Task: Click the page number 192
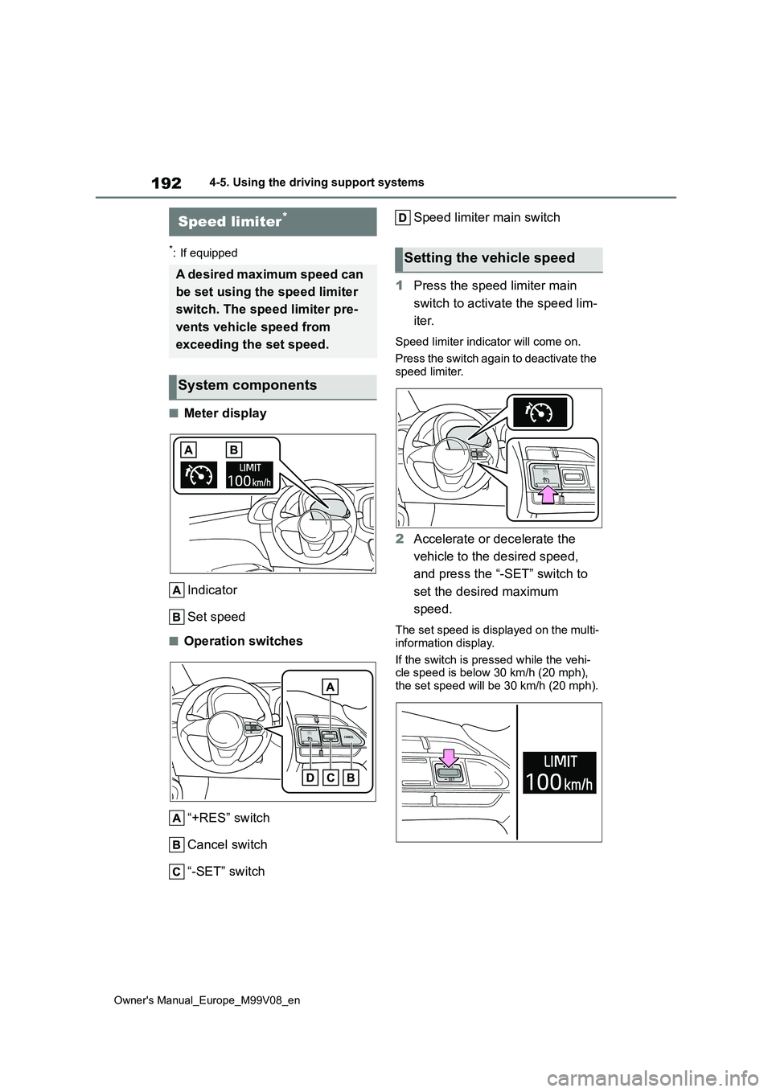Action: tap(166, 183)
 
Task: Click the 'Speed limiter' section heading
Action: tap(229, 221)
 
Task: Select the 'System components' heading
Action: tap(248, 386)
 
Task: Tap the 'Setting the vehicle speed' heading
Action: tap(489, 258)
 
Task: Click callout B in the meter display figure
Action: tap(234, 449)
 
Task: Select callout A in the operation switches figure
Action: tap(331, 686)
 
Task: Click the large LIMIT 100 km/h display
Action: tap(560, 772)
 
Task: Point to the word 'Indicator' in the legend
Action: tap(212, 590)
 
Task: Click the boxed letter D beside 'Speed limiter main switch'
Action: tap(403, 217)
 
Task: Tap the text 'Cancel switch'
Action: tap(227, 844)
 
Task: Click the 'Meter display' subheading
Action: tap(224, 413)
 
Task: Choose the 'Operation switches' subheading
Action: tap(243, 641)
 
